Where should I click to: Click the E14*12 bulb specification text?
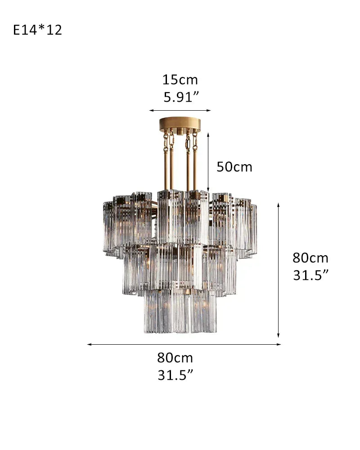(37, 30)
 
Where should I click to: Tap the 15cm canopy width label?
(180, 80)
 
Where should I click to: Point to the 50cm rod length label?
(234, 167)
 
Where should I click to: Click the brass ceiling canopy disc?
(180, 124)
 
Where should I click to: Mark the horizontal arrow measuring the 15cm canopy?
(180, 110)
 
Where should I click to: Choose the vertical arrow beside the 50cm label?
(208, 162)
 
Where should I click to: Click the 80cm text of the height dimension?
(310, 258)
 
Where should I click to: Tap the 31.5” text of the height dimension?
(310, 274)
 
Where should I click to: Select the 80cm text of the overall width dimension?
(175, 358)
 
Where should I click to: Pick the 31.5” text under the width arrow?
(175, 375)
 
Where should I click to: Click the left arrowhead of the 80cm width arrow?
(90, 345)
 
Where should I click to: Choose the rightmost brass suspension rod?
(195, 166)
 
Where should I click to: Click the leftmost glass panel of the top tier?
(108, 227)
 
